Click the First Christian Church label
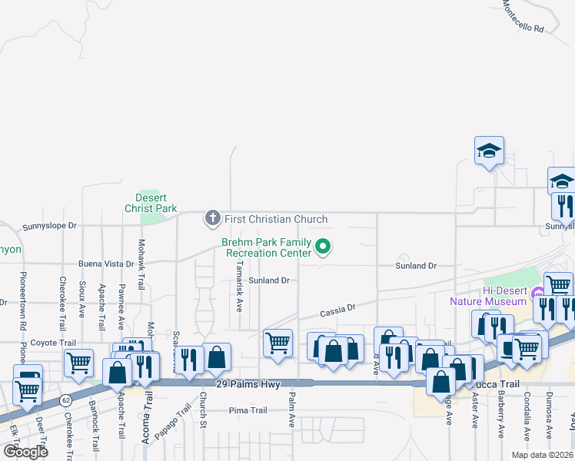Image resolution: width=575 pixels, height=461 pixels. coord(275,219)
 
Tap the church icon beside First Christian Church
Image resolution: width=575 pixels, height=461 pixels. coord(212,219)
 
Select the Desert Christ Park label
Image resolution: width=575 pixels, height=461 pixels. coord(151,203)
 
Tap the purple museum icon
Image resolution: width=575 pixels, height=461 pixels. coord(538,291)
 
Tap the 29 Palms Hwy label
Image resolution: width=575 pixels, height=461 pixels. coord(248,383)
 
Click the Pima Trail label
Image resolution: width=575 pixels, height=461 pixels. coord(248,410)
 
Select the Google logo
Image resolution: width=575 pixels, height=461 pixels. coord(25,452)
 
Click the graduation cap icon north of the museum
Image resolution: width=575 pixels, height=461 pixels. coord(489,151)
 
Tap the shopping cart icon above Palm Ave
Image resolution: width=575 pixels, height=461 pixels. coord(277,342)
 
